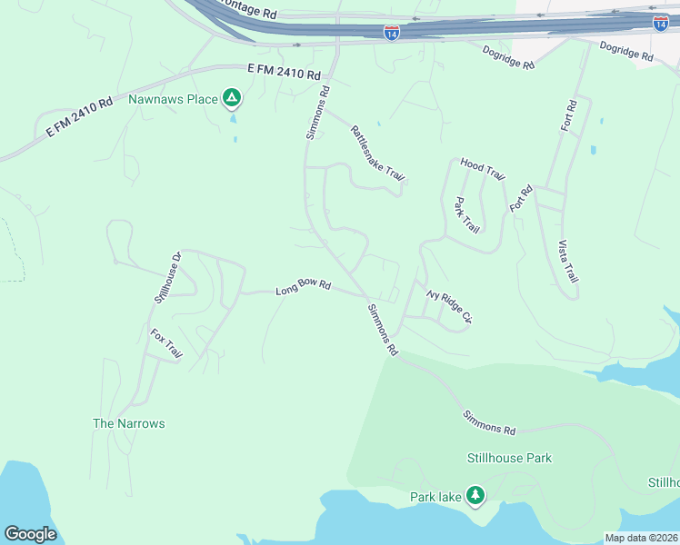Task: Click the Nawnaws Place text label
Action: click(x=173, y=98)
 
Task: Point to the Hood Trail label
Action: click(x=482, y=168)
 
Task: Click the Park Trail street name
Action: click(x=466, y=215)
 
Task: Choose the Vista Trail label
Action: click(x=566, y=263)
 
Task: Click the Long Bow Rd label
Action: click(x=303, y=286)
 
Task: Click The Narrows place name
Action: click(x=129, y=423)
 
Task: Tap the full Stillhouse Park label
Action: click(x=509, y=458)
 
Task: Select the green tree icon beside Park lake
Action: click(x=474, y=495)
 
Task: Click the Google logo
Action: click(x=30, y=534)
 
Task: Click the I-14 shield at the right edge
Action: click(x=661, y=22)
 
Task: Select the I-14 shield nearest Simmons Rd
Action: click(x=391, y=33)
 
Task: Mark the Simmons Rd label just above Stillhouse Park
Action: click(x=489, y=422)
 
